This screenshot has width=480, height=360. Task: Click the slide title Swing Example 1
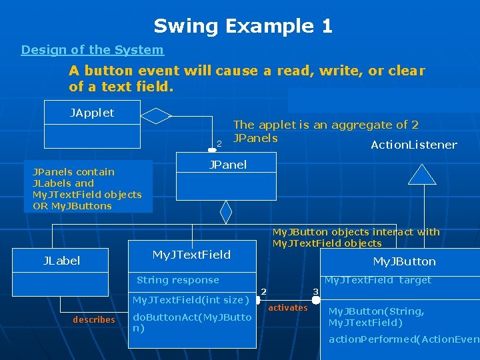(243, 27)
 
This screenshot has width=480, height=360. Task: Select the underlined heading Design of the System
(92, 50)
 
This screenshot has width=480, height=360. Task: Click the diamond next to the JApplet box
(157, 116)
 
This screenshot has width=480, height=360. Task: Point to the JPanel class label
(227, 165)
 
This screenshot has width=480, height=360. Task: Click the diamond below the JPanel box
(226, 212)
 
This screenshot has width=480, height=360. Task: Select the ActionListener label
(413, 145)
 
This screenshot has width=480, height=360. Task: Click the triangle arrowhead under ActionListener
(421, 175)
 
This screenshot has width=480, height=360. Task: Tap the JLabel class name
(61, 261)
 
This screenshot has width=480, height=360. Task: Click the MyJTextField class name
(191, 255)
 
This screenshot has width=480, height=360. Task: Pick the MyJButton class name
(404, 261)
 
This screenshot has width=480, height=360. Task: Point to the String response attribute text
(177, 280)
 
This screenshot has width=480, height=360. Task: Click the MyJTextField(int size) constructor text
(191, 300)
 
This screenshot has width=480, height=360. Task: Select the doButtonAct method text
(192, 323)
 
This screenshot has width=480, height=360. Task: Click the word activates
(287, 308)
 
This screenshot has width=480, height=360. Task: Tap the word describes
(93, 320)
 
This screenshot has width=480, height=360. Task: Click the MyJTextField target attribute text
(377, 280)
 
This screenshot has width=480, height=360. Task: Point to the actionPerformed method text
(403, 339)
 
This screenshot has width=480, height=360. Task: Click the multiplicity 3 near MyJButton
(315, 292)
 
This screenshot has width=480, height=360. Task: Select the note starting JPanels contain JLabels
(87, 189)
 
